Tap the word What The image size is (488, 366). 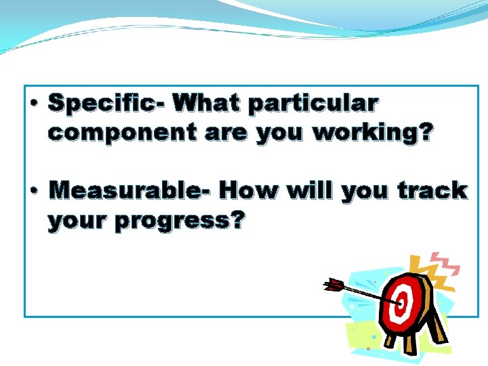click(x=207, y=104)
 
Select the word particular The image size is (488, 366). click(x=313, y=105)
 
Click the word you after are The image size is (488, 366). click(x=281, y=134)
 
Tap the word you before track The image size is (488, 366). click(x=366, y=191)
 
